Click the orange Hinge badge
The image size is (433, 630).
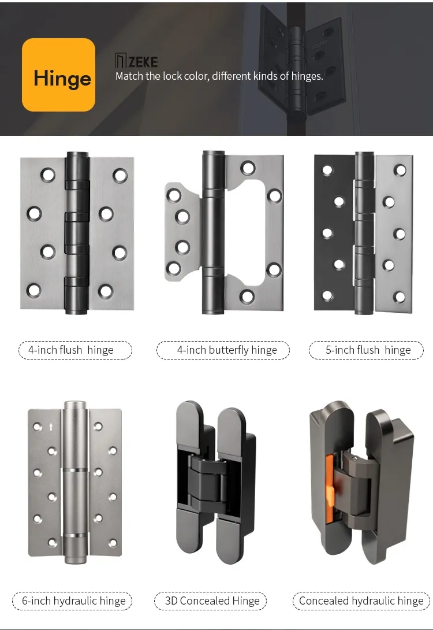pos(58,75)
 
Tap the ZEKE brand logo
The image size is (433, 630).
pos(136,61)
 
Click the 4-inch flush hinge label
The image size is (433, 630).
pos(75,350)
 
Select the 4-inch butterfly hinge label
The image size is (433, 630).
pos(223,350)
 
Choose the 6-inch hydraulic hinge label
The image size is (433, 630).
pos(73,601)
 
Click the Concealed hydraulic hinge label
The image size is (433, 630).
pos(361,601)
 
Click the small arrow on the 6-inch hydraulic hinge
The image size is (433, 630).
pos(51,427)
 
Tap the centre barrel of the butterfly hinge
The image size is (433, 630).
pos(212,231)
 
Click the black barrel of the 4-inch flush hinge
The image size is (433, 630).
pos(76,231)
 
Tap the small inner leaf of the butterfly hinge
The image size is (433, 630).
pos(182,231)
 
